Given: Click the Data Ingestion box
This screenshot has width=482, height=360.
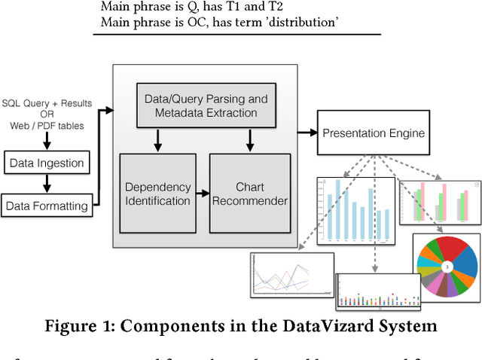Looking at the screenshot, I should coord(46,162).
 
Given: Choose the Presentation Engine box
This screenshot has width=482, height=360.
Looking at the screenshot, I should coord(373,133).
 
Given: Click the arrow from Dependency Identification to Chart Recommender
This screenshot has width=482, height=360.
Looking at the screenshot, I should coord(202,193).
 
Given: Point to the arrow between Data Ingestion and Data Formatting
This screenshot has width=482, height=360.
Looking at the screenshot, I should coord(46,183).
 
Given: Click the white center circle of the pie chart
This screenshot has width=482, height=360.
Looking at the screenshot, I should coord(446,267).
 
